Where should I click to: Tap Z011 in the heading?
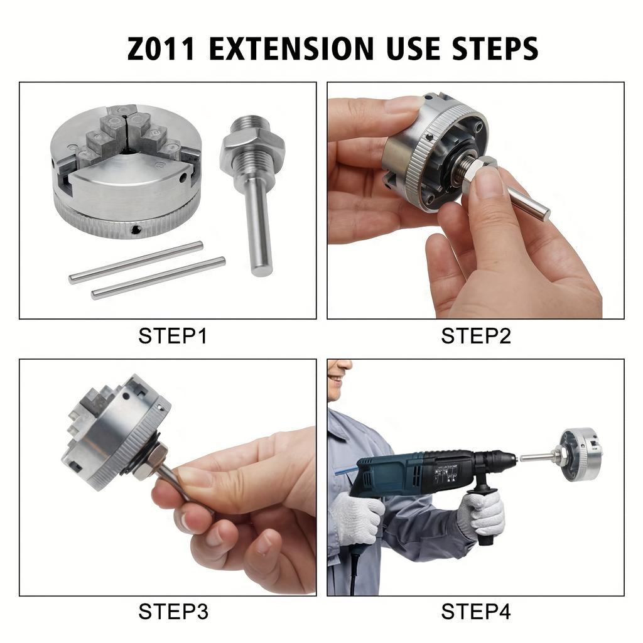click(162, 49)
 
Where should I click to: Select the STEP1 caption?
click(173, 336)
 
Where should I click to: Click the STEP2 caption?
click(476, 336)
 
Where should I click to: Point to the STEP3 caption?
click(173, 611)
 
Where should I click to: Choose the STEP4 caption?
click(476, 611)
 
